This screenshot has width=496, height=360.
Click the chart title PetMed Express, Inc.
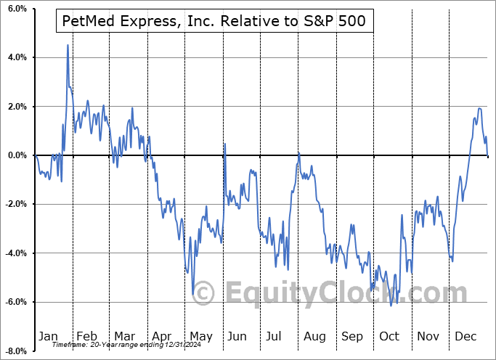point(215,22)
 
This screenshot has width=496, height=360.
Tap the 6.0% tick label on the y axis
point(15,8)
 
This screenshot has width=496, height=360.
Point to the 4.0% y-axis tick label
point(15,57)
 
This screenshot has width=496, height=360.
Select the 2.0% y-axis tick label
point(15,107)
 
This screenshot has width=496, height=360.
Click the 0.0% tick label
point(15,155)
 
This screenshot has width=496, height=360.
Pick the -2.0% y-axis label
point(14,205)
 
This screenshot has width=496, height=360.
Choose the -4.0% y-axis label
point(14,253)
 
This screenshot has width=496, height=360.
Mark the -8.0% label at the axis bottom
point(14,351)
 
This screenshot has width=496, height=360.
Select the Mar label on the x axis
point(124,337)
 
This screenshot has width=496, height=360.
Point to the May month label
point(201,337)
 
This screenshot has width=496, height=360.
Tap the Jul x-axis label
point(275,337)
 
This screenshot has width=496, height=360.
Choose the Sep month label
point(351,337)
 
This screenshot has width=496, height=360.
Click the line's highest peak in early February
point(68,45)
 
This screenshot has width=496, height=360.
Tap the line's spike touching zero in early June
point(224,144)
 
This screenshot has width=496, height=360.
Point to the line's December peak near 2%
point(479,109)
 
